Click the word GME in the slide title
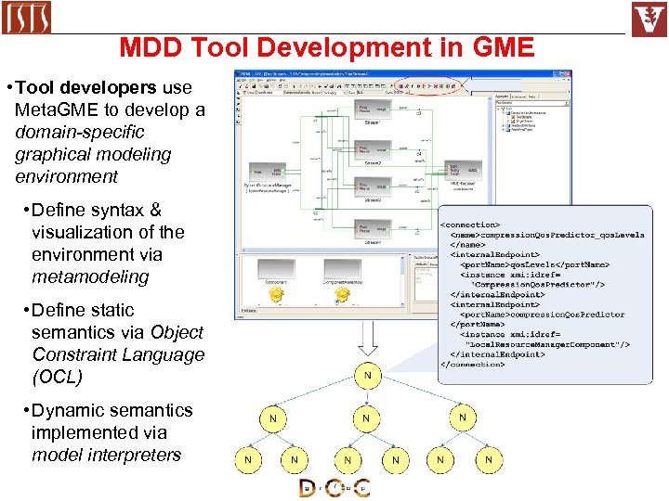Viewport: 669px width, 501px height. [498, 47]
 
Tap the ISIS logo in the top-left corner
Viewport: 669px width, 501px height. [27, 18]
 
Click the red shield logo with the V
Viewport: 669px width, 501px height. [649, 19]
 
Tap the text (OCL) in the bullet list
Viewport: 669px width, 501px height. [57, 377]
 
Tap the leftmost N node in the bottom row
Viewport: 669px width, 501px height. [248, 459]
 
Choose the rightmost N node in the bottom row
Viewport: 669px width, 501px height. [488, 459]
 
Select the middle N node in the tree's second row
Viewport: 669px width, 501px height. [366, 418]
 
